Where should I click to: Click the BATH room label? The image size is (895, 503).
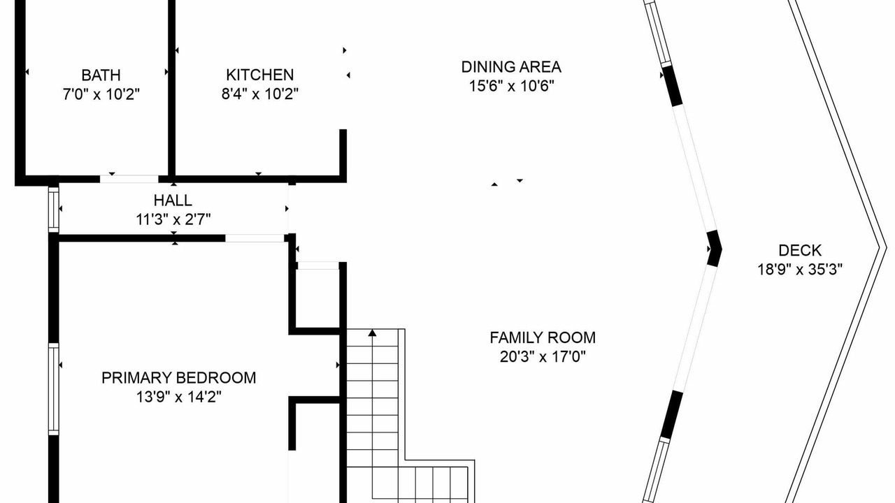[101, 75]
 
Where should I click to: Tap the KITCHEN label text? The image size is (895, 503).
[259, 75]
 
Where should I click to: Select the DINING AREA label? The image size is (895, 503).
[511, 66]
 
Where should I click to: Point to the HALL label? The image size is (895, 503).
[173, 200]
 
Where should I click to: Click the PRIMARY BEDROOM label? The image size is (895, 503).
[178, 378]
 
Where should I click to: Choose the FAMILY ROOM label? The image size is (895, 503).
[543, 337]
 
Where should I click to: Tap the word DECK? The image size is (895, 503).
[800, 250]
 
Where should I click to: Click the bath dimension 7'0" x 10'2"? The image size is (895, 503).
[101, 94]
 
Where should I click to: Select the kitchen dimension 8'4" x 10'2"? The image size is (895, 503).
[259, 94]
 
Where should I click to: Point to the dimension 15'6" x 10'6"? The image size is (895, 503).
[511, 86]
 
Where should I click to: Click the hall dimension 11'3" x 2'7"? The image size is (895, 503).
[173, 219]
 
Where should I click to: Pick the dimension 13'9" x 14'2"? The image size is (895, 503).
[178, 397]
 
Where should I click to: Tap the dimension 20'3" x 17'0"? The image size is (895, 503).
[543, 356]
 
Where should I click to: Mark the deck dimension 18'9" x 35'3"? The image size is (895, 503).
[800, 270]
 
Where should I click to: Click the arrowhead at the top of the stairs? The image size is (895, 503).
[373, 333]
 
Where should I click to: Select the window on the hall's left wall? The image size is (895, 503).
[54, 209]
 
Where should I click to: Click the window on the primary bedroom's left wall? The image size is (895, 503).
[54, 389]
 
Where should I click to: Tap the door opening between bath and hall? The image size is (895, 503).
[129, 179]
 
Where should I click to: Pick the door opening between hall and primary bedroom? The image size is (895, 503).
[255, 238]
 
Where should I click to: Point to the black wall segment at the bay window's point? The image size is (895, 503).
[715, 248]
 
